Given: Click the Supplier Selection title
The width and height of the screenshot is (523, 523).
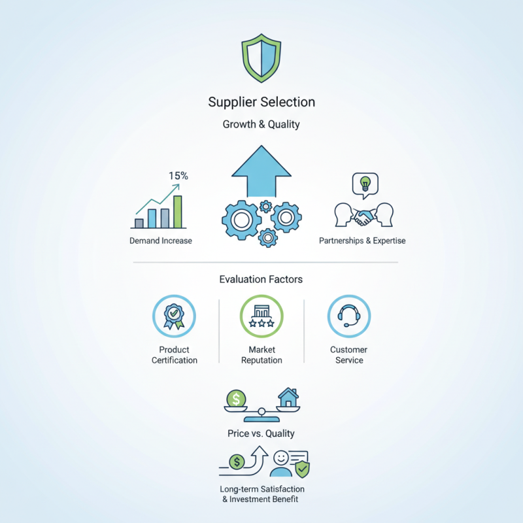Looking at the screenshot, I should coord(261,102).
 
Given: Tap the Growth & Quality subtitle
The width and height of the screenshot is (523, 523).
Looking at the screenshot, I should coord(261,124).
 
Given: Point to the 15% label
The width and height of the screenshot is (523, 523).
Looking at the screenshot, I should coord(178,176).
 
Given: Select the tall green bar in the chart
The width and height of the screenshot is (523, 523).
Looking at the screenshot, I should coord(177,211).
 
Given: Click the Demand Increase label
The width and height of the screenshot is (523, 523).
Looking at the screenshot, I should coord(161,241).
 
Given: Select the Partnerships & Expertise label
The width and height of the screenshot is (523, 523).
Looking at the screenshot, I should coord(362,241).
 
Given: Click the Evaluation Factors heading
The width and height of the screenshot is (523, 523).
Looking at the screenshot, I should coord(261,279).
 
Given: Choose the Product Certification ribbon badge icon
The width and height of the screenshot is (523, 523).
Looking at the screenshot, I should coord(174,316).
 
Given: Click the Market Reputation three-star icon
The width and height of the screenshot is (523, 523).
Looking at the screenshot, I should coord(261,316).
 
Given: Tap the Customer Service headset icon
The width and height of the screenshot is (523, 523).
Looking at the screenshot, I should coord(348,316).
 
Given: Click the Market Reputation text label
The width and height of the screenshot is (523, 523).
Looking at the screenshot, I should coord(261,355).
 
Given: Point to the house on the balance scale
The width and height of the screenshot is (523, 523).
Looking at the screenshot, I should coord(288,397).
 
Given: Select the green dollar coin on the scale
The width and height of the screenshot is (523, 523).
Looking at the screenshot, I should coord(235,397).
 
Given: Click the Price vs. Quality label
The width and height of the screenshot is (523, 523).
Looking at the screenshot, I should coord(261,433).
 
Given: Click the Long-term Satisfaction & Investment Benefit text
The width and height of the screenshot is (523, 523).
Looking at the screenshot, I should coord(261,494).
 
